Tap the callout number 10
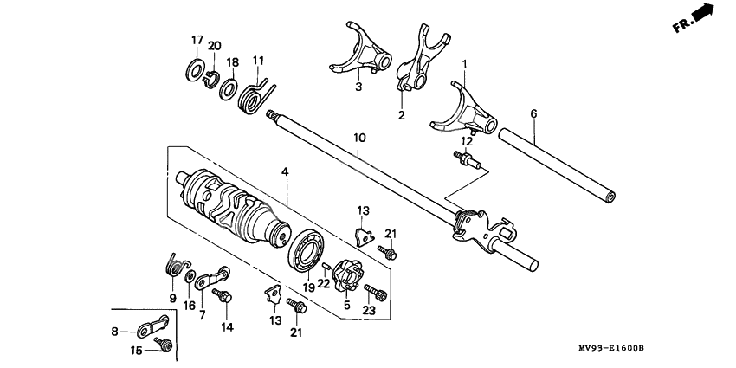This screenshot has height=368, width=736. (360, 138)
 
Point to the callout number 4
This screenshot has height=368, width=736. (283, 172)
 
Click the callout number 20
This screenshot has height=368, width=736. (215, 45)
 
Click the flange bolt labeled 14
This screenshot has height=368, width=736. (225, 297)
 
